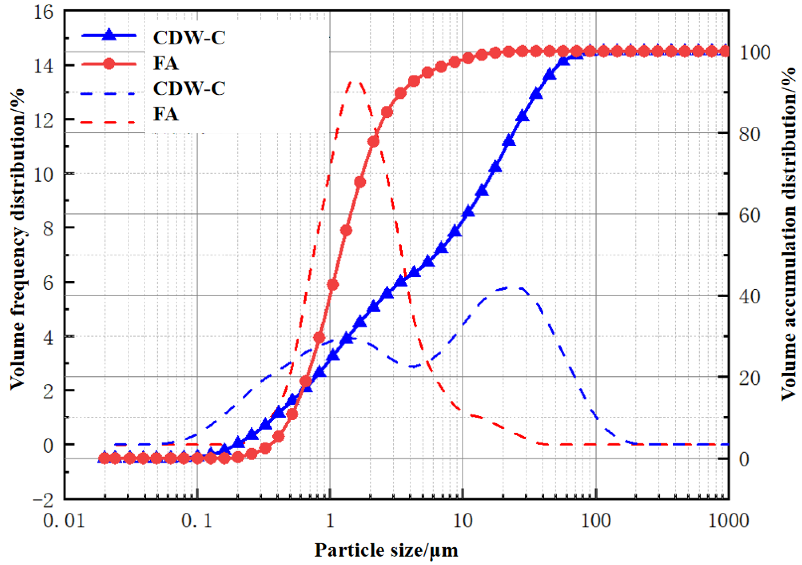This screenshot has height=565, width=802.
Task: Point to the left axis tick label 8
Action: [x=48, y=229]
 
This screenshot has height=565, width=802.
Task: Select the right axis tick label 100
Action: [x=754, y=53]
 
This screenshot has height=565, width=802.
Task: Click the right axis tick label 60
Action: [x=749, y=215]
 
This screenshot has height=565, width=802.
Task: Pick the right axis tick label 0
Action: [x=744, y=460]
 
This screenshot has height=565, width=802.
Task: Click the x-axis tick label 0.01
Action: [x=64, y=521]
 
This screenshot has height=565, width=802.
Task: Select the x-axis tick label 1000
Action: [x=728, y=521]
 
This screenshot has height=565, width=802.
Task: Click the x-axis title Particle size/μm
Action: [x=386, y=551]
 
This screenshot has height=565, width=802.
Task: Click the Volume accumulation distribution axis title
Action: [x=789, y=234]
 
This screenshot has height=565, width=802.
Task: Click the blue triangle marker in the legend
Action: [x=109, y=35]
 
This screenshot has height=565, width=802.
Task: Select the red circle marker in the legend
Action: [x=109, y=64]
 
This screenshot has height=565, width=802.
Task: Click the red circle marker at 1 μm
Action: [x=333, y=284]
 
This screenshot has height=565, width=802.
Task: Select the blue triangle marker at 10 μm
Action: [x=468, y=212]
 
